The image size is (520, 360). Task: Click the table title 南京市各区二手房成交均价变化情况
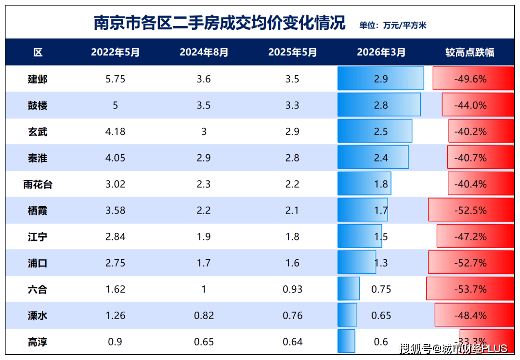pyautogui.click(x=220, y=23)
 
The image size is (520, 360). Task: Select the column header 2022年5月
pyautogui.click(x=115, y=53)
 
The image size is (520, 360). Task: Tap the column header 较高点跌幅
pyautogui.click(x=469, y=53)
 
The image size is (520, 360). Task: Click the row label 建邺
pyautogui.click(x=38, y=79)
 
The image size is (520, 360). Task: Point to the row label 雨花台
pyautogui.click(x=38, y=184)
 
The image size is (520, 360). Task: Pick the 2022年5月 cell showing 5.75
pyautogui.click(x=115, y=79)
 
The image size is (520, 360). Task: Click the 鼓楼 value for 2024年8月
pyautogui.click(x=204, y=105)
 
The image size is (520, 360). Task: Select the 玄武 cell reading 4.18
pyautogui.click(x=115, y=132)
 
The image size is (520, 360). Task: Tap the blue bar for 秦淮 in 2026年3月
pyautogui.click(x=373, y=158)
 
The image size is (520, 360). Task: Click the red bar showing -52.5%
pyautogui.click(x=470, y=211)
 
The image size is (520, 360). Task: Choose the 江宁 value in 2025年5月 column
pyautogui.click(x=292, y=237)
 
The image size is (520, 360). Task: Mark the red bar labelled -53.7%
pyautogui.click(x=469, y=289)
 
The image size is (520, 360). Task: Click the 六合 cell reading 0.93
pyautogui.click(x=292, y=289)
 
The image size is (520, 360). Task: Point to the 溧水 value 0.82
pyautogui.click(x=204, y=316)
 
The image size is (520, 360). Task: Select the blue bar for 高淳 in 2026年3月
pyautogui.click(x=346, y=341)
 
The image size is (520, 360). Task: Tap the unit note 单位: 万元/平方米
pyautogui.click(x=392, y=26)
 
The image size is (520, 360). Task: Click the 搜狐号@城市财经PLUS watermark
pyautogui.click(x=453, y=348)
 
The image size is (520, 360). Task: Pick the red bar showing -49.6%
pyautogui.click(x=473, y=79)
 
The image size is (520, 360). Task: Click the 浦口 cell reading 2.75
pyautogui.click(x=115, y=263)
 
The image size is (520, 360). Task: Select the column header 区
pyautogui.click(x=38, y=53)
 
